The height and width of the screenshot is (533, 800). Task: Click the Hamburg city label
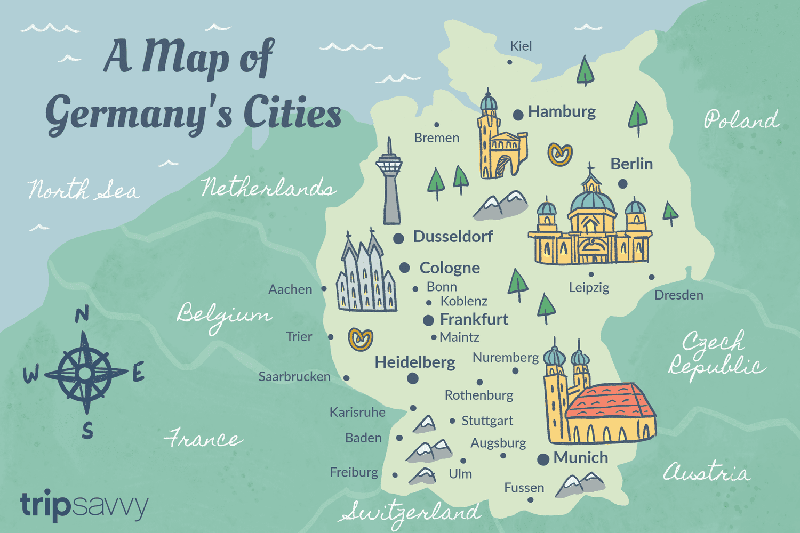click(x=562, y=111)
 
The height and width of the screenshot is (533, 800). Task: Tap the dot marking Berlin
click(x=622, y=184)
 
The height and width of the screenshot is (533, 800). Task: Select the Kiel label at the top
click(x=521, y=46)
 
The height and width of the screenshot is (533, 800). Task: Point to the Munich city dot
click(x=543, y=459)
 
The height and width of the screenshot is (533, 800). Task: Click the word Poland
click(x=741, y=119)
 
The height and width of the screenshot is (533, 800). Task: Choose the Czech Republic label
click(x=715, y=354)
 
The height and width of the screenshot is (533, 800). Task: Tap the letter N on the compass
click(x=82, y=315)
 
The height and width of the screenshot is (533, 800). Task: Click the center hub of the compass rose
click(x=84, y=373)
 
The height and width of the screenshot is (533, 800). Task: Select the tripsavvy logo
click(x=84, y=505)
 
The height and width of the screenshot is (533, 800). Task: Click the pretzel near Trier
click(x=361, y=339)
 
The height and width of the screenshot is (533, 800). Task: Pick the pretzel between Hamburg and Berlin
click(x=560, y=155)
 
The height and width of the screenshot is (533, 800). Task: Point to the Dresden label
click(x=678, y=295)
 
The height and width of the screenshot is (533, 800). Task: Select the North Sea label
click(x=84, y=190)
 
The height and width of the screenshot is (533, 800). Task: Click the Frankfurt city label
click(x=474, y=319)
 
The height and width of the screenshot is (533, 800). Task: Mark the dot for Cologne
click(x=405, y=268)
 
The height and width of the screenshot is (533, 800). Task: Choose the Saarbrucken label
click(x=294, y=377)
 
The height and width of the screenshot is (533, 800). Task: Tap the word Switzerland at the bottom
click(x=411, y=512)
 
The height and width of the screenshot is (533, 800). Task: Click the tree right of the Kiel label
click(x=585, y=70)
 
